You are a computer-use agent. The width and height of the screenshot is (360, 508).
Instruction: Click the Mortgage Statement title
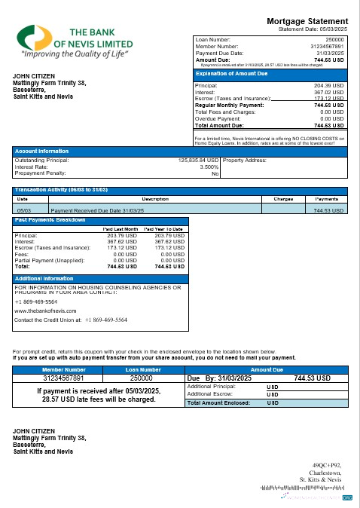[x=308, y=22]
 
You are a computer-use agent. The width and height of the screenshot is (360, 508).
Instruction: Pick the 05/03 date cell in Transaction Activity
[x=23, y=210]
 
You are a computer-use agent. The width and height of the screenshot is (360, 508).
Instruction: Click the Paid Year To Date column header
[x=164, y=228]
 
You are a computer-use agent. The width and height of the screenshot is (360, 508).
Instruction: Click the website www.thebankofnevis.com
[x=47, y=310]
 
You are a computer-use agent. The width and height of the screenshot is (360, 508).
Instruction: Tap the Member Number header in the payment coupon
[x=64, y=369]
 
